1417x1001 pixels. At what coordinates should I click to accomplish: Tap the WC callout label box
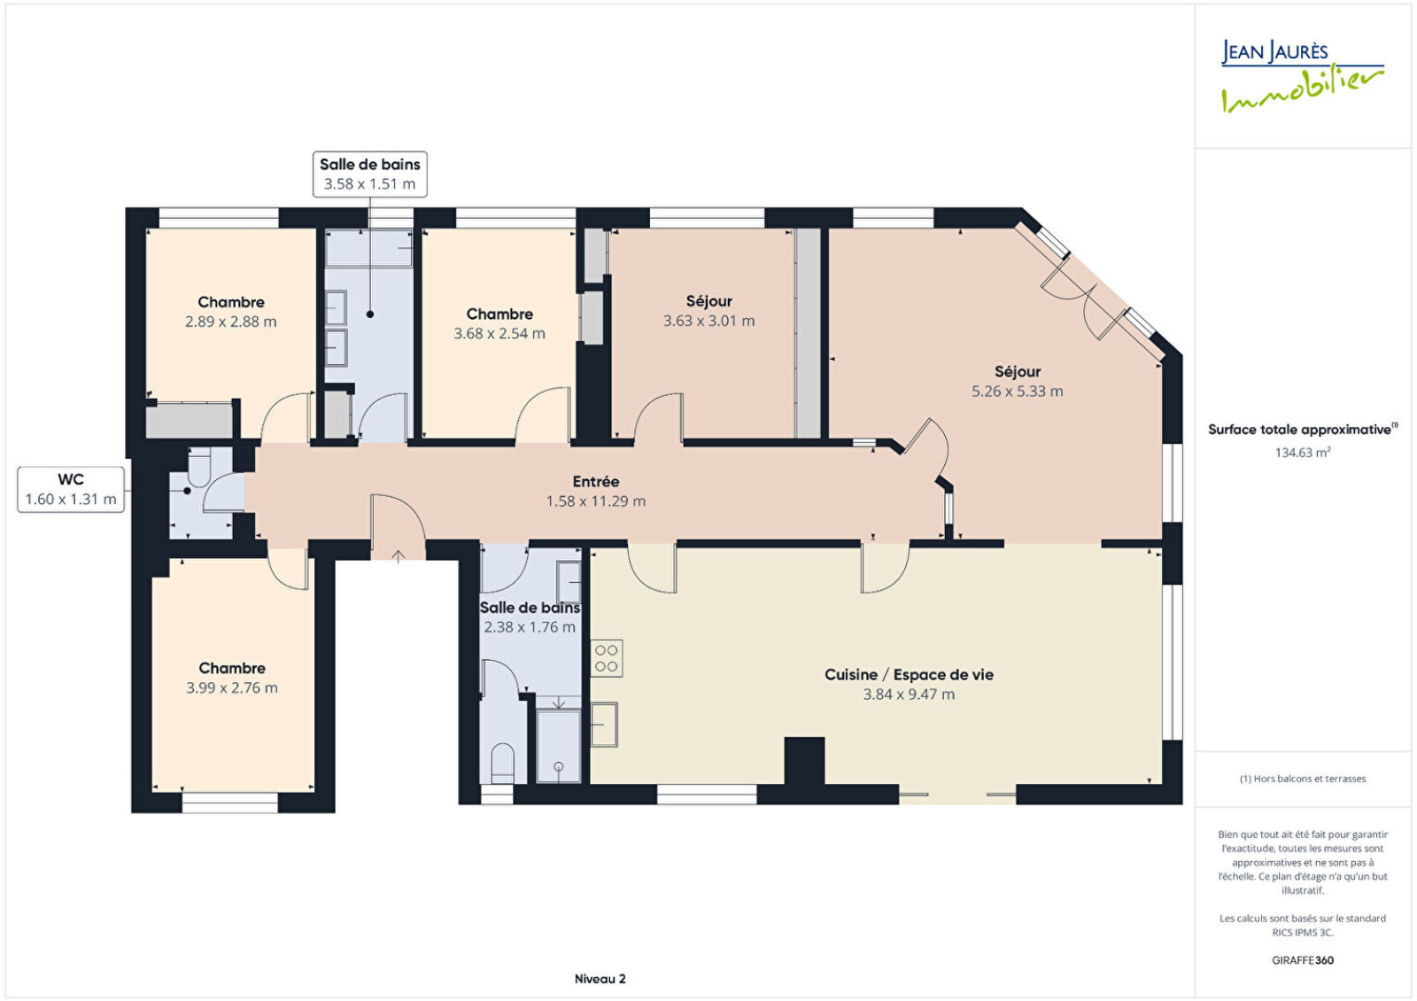(x=71, y=489)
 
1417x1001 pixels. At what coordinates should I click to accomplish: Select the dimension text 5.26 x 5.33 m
(x=1018, y=391)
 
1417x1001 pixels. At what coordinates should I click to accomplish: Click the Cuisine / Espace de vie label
(x=909, y=674)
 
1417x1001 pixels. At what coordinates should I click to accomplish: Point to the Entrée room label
(x=596, y=482)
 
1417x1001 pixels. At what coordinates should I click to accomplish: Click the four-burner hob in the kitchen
(x=606, y=658)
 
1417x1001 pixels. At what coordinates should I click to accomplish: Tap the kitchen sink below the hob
(x=603, y=725)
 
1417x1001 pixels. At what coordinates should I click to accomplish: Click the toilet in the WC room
(x=199, y=467)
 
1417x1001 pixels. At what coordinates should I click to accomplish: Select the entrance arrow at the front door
(x=398, y=556)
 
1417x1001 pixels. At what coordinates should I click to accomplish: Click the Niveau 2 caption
(x=600, y=979)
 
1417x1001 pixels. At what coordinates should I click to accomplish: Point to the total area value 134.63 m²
(x=1303, y=452)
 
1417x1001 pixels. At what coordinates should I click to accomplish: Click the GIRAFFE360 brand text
(x=1303, y=960)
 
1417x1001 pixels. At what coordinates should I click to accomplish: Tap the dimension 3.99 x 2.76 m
(x=231, y=687)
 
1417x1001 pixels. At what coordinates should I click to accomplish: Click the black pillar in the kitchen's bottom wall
(x=805, y=761)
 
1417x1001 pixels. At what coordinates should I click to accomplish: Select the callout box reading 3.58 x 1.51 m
(x=370, y=174)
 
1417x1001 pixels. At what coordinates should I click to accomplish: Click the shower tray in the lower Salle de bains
(x=558, y=745)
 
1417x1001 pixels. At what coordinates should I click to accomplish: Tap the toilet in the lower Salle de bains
(x=503, y=763)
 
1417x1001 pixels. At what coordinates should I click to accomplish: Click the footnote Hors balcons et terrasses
(x=1303, y=779)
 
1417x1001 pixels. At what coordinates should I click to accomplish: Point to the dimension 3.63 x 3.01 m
(x=708, y=321)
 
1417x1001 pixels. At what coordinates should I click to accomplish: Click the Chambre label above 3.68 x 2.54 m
(x=499, y=314)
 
